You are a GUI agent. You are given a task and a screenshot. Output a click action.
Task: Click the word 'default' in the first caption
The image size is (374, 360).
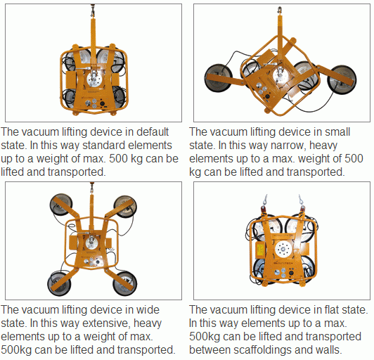coord(152,131)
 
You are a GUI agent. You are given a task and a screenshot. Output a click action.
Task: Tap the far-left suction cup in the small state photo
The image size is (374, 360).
coord(219,77)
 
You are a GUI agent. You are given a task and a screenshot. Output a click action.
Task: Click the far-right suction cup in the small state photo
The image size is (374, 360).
coord(342,79)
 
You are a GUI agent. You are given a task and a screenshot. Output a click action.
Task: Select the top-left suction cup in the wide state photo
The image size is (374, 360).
coord(61,205)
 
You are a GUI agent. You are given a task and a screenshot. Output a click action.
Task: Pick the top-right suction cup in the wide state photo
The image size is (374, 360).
coord(125,207)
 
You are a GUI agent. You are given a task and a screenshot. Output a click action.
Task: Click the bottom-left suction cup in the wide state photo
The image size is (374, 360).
coord(59,284)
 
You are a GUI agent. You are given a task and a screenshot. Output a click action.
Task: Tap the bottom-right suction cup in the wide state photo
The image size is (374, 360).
coord(124,283)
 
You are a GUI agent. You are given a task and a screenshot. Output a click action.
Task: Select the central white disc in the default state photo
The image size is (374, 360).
coord(94,79)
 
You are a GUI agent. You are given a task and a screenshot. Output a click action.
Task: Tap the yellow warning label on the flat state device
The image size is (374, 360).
coord(260,250)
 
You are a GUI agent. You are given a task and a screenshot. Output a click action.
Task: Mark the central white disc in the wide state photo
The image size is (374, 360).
coord(92,242)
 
